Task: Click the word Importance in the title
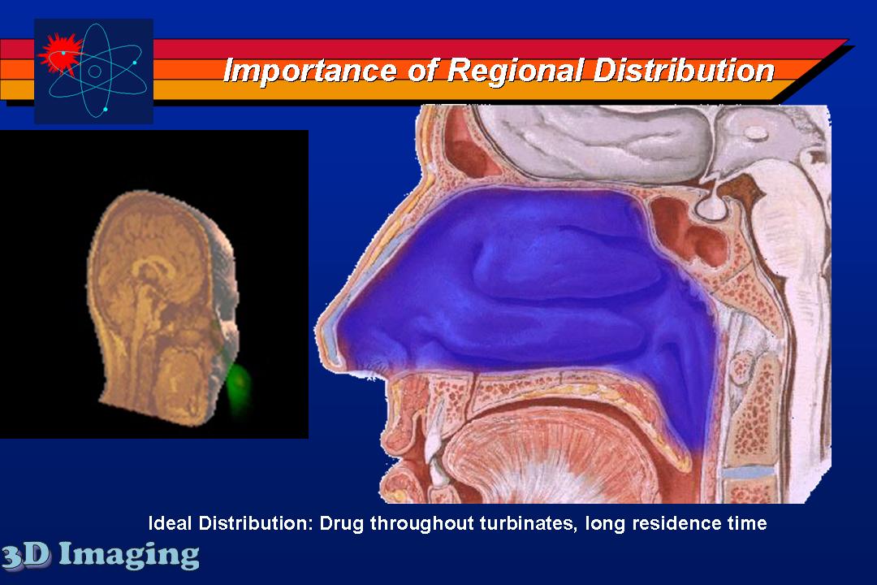tap(310, 71)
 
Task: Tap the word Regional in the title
tap(515, 71)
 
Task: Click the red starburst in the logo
tap(59, 53)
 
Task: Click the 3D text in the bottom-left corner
tap(26, 555)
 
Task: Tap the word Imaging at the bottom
tap(129, 555)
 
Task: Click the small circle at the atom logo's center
tap(94, 71)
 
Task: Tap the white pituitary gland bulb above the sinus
tap(711, 206)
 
